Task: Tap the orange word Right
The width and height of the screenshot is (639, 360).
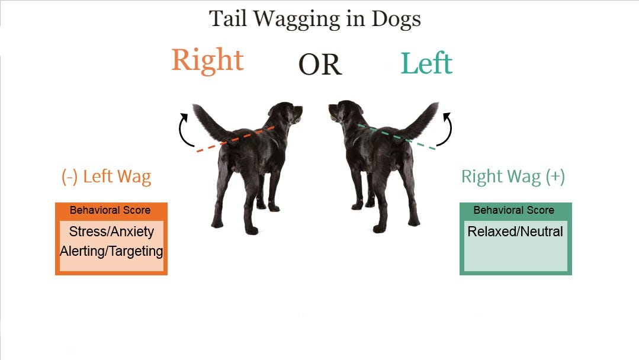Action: pyautogui.click(x=207, y=60)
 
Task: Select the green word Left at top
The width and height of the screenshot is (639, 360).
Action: pyautogui.click(x=426, y=63)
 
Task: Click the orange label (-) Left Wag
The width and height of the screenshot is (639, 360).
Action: pyautogui.click(x=107, y=176)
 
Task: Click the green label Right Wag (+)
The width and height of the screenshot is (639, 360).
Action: pyautogui.click(x=513, y=176)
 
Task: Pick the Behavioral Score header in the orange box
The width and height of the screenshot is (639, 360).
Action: pyautogui.click(x=110, y=210)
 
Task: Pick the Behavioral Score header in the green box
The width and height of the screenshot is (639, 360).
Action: pyautogui.click(x=514, y=210)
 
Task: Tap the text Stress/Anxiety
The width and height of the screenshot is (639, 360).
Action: pyautogui.click(x=111, y=232)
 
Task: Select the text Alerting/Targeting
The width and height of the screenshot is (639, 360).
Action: pyautogui.click(x=111, y=251)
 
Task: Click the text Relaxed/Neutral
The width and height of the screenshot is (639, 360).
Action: pyautogui.click(x=515, y=232)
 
